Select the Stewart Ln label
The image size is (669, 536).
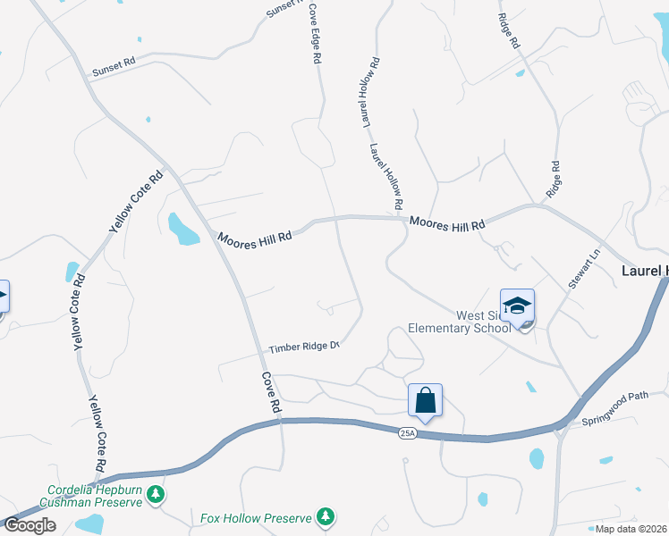coord(580,269)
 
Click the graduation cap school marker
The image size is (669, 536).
coord(517,306)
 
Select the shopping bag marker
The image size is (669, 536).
coord(426,400)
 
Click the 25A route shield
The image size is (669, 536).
coord(407,433)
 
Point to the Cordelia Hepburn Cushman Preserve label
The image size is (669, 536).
coord(94,496)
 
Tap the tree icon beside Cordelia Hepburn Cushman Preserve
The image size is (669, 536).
coord(156,494)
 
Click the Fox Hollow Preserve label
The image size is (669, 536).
coord(255,518)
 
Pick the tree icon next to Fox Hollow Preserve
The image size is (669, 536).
coord(326,517)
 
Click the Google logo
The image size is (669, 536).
coord(30,525)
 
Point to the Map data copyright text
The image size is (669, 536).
coord(631,529)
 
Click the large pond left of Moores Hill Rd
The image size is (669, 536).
coord(182,229)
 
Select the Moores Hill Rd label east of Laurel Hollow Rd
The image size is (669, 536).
coord(447,223)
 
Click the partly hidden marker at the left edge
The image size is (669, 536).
coord(3,297)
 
